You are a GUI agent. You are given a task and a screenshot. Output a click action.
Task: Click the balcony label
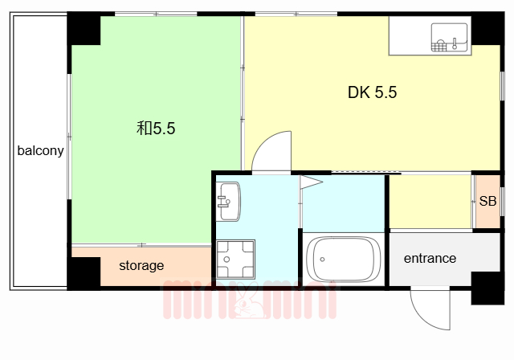coord(40,151)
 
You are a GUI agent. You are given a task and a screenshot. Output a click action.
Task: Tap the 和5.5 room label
coord(156,129)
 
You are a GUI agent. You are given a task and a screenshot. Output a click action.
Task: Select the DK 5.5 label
coord(372,92)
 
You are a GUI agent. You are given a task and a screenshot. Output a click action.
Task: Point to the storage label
coord(141,265)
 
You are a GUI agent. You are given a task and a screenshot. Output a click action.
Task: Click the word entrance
coord(430,259)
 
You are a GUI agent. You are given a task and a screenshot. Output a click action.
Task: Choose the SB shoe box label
coord(487,201)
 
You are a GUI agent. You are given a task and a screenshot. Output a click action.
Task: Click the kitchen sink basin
coord(450,38)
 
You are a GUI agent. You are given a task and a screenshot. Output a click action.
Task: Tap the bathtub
coord(344,259)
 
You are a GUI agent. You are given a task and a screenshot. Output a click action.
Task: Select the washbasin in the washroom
coord(228,202)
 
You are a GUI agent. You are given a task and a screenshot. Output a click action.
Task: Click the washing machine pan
coord(235,259)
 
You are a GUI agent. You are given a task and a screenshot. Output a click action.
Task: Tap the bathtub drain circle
coord(322,260)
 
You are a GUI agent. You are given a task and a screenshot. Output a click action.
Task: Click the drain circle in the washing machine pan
coord(226,260)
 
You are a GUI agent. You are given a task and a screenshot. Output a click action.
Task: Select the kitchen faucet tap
coord(455,44)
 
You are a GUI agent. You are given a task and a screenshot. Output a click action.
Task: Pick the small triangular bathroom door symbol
coord(311,182)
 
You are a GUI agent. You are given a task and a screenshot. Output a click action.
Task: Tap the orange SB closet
coord(487,202)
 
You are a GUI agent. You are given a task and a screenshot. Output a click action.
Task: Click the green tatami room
coord(156,129)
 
